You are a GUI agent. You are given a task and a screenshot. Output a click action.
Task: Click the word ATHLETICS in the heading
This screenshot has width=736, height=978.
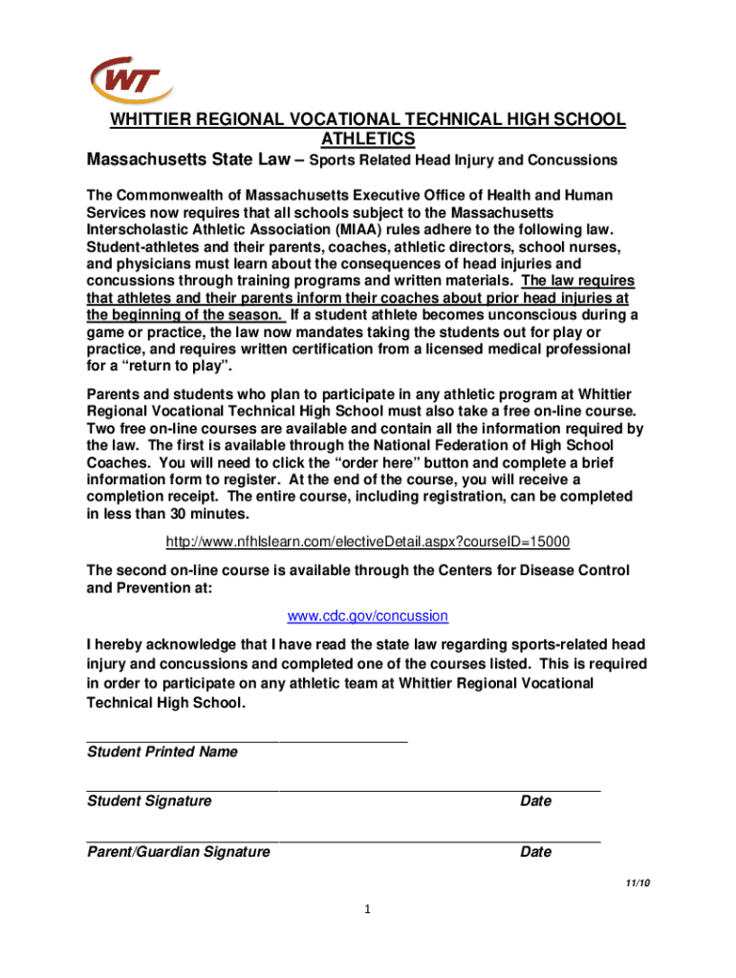point(367,139)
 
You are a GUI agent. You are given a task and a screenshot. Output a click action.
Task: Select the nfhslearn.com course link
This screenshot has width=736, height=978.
point(368,542)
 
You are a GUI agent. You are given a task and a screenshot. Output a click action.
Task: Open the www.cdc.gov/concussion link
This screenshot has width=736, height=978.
point(368,616)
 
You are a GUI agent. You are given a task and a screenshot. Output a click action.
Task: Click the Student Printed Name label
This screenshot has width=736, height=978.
point(162,752)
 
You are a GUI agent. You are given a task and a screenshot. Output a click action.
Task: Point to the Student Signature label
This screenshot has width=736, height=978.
point(149,801)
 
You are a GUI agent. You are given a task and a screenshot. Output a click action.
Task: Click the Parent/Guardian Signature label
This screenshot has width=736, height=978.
point(178,851)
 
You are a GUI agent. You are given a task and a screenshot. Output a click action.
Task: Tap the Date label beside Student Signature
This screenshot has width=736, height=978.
point(535,801)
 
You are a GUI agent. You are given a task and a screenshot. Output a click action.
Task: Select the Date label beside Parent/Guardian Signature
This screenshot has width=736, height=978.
point(535,851)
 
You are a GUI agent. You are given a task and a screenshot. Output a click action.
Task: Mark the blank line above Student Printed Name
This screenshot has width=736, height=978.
point(247,739)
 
